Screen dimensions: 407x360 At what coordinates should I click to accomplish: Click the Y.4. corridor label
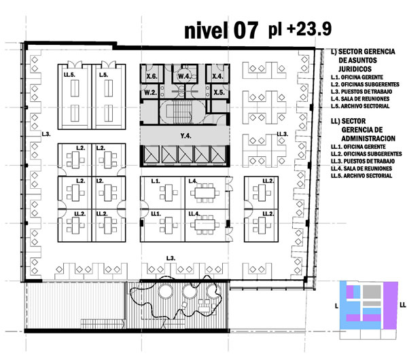point(186,136)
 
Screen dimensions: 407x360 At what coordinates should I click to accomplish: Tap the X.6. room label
point(152,76)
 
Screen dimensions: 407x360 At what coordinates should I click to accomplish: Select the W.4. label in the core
point(185,76)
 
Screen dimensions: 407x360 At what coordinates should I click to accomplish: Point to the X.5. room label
point(219,92)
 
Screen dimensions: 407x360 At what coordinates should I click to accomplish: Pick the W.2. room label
point(150,92)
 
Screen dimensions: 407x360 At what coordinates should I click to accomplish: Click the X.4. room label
point(217,76)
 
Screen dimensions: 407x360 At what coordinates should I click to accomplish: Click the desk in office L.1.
point(169,192)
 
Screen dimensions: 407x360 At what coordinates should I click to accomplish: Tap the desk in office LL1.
point(169,225)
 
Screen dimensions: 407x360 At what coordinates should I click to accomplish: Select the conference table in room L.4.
point(205,193)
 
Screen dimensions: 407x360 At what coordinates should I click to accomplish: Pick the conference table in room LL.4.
point(205,225)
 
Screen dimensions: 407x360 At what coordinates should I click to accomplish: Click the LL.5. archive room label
point(69,75)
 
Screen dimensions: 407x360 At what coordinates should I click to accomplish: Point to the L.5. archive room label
point(103,75)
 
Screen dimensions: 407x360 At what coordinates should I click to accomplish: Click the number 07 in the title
point(245,30)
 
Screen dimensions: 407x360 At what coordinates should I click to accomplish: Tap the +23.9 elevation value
point(309,29)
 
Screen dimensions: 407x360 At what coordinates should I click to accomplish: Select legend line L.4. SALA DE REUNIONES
point(360,99)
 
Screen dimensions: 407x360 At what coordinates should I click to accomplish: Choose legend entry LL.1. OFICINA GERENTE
point(358,147)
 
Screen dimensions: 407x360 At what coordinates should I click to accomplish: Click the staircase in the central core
point(183,111)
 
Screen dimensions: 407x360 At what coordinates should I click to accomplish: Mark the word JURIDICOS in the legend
point(355,69)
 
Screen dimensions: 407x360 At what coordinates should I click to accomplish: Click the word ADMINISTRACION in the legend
point(368,139)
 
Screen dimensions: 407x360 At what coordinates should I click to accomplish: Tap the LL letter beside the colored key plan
point(403,305)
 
